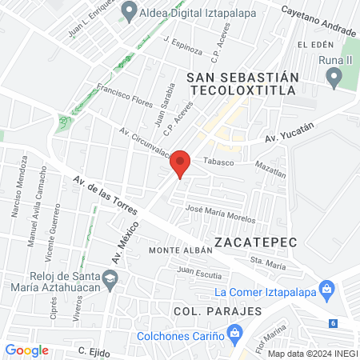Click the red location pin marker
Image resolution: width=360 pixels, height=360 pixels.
pyautogui.click(x=182, y=163)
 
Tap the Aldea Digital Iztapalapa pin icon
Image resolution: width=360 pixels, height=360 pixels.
pyautogui.click(x=129, y=11)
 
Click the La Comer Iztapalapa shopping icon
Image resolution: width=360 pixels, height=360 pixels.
pyautogui.click(x=326, y=287)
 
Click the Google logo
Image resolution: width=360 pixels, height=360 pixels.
pyautogui.click(x=26, y=350)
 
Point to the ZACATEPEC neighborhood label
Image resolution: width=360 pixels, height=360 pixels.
pyautogui.click(x=255, y=240)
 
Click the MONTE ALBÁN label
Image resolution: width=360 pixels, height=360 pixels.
pyautogui.click(x=181, y=250)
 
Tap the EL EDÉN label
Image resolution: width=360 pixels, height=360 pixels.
pyautogui.click(x=314, y=44)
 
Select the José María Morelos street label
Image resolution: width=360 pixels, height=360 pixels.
pyautogui.click(x=220, y=214)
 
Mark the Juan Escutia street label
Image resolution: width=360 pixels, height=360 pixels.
pyautogui.click(x=200, y=274)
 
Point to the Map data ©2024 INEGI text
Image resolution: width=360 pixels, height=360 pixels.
pyautogui.click(x=311, y=353)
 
